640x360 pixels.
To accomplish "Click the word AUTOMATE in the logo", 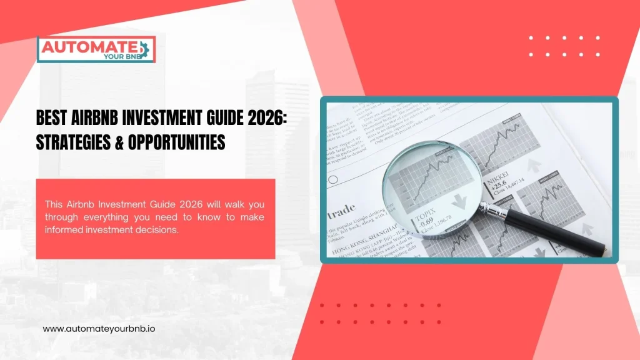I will click(x=89, y=46).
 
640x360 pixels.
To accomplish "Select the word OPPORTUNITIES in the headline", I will click(x=176, y=142).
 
